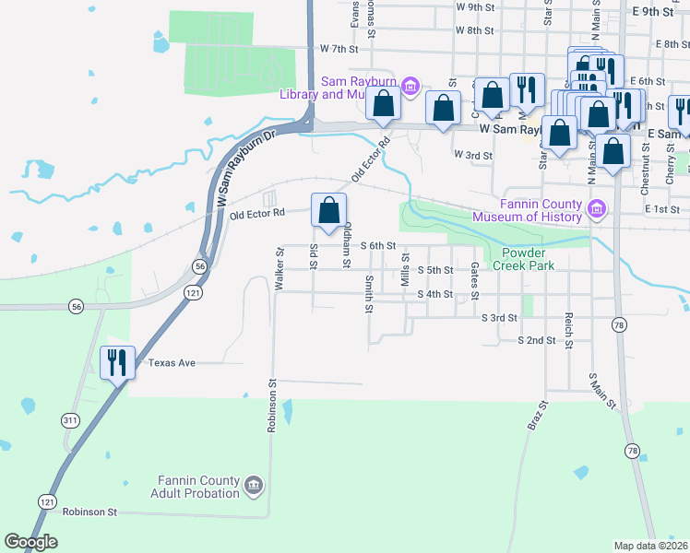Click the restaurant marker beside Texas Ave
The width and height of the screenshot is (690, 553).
coord(117,361)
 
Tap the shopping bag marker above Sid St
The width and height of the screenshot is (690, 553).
coord(328,210)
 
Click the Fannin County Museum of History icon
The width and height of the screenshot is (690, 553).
coord(597,210)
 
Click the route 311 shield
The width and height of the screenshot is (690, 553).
coord(70,420)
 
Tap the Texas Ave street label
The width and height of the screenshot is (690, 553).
coord(172,363)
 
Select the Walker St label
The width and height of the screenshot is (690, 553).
coord(279,269)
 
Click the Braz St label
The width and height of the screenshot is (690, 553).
coord(537,416)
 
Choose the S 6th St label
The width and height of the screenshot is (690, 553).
coord(377,246)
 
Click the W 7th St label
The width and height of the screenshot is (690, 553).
coord(338,48)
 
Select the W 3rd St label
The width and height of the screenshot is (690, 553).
coord(473,156)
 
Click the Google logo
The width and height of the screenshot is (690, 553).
coord(31,542)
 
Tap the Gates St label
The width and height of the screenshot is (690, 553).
coord(474,280)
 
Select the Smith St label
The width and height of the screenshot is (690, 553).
coord(368,294)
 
